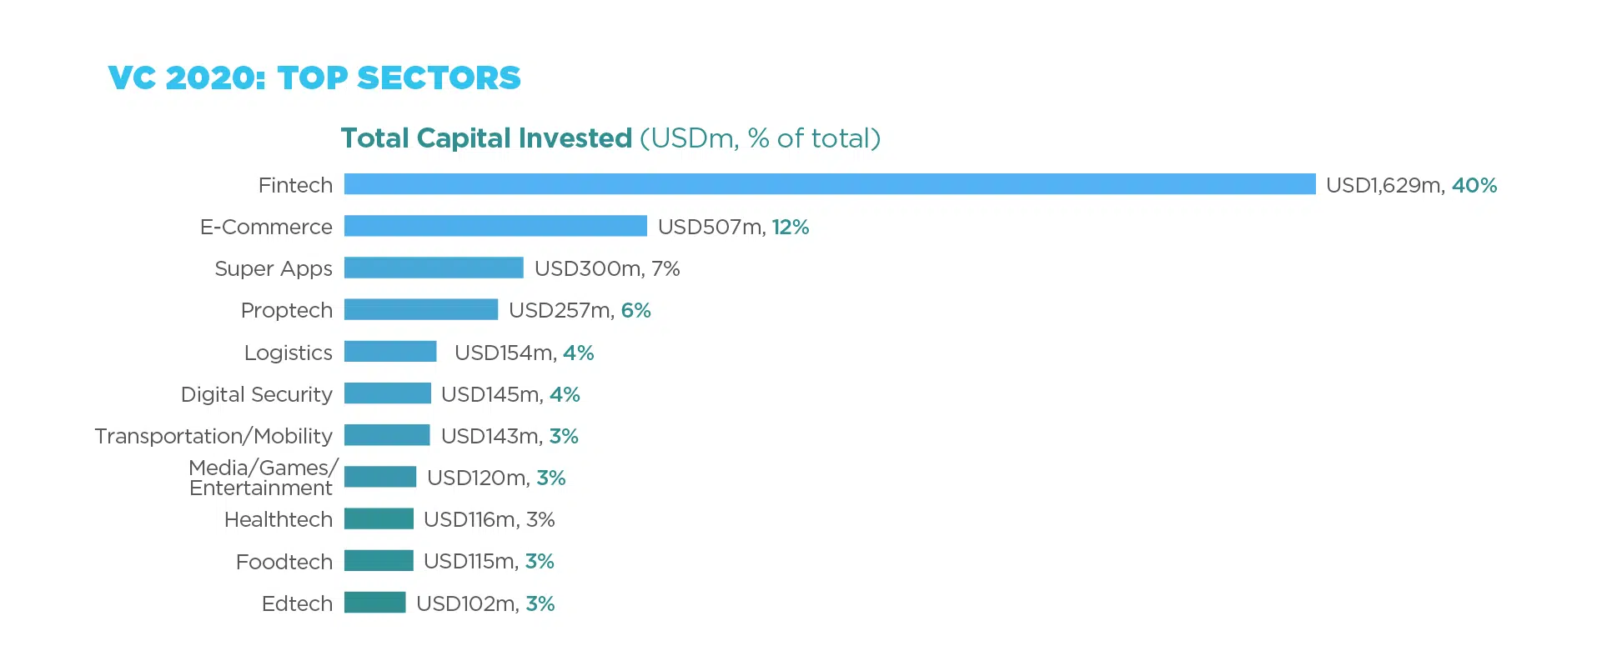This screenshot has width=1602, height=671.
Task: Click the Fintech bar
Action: [x=830, y=184]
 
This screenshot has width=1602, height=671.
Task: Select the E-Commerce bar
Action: [x=495, y=226]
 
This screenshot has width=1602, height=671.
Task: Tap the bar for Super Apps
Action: [x=434, y=268]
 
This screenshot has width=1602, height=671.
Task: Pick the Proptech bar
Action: [x=421, y=309]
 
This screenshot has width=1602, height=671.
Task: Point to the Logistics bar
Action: [x=390, y=352]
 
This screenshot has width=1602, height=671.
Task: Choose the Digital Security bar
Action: [x=388, y=393]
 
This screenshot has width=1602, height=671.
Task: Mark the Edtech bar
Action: [x=375, y=603]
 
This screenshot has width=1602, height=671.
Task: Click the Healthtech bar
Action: [x=379, y=518]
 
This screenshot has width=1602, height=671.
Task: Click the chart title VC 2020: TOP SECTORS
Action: [x=314, y=78]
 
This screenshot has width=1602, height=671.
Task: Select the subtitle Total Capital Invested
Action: [x=487, y=138]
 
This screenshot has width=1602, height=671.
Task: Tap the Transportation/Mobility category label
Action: [x=213, y=436]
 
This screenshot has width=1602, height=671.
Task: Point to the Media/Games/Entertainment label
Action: [x=262, y=478]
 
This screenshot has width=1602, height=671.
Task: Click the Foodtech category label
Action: [x=284, y=562]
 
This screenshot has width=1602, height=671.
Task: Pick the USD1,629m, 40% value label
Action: [x=1411, y=185]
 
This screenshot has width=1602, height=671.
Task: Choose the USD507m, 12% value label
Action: [x=733, y=227]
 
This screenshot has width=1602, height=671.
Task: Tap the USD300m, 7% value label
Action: [x=607, y=268]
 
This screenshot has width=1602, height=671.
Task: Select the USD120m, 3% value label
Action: [x=496, y=478]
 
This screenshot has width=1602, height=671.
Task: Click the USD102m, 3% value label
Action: [x=485, y=603]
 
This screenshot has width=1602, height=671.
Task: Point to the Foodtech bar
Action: [x=379, y=561]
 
